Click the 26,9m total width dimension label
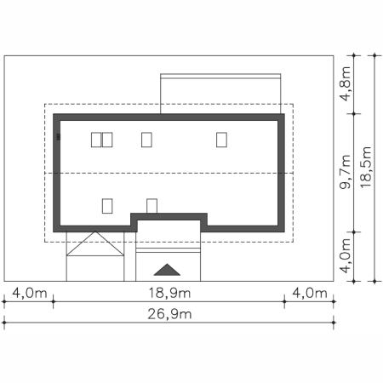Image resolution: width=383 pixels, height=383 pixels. click(169, 314)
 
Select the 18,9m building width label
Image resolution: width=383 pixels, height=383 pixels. click(169, 293)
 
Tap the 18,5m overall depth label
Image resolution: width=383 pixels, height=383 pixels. click(366, 167)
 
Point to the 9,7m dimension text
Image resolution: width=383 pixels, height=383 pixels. click(346, 172)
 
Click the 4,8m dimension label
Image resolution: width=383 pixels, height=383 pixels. click(346, 83)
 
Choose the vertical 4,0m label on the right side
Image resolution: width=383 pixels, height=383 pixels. click(346, 256)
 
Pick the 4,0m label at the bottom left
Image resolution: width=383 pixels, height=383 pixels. click(30, 293)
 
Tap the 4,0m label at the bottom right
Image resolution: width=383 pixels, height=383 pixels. click(310, 293)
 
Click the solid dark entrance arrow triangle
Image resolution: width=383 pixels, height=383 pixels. click(167, 270)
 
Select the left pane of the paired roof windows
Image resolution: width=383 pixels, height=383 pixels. click(96, 140)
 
